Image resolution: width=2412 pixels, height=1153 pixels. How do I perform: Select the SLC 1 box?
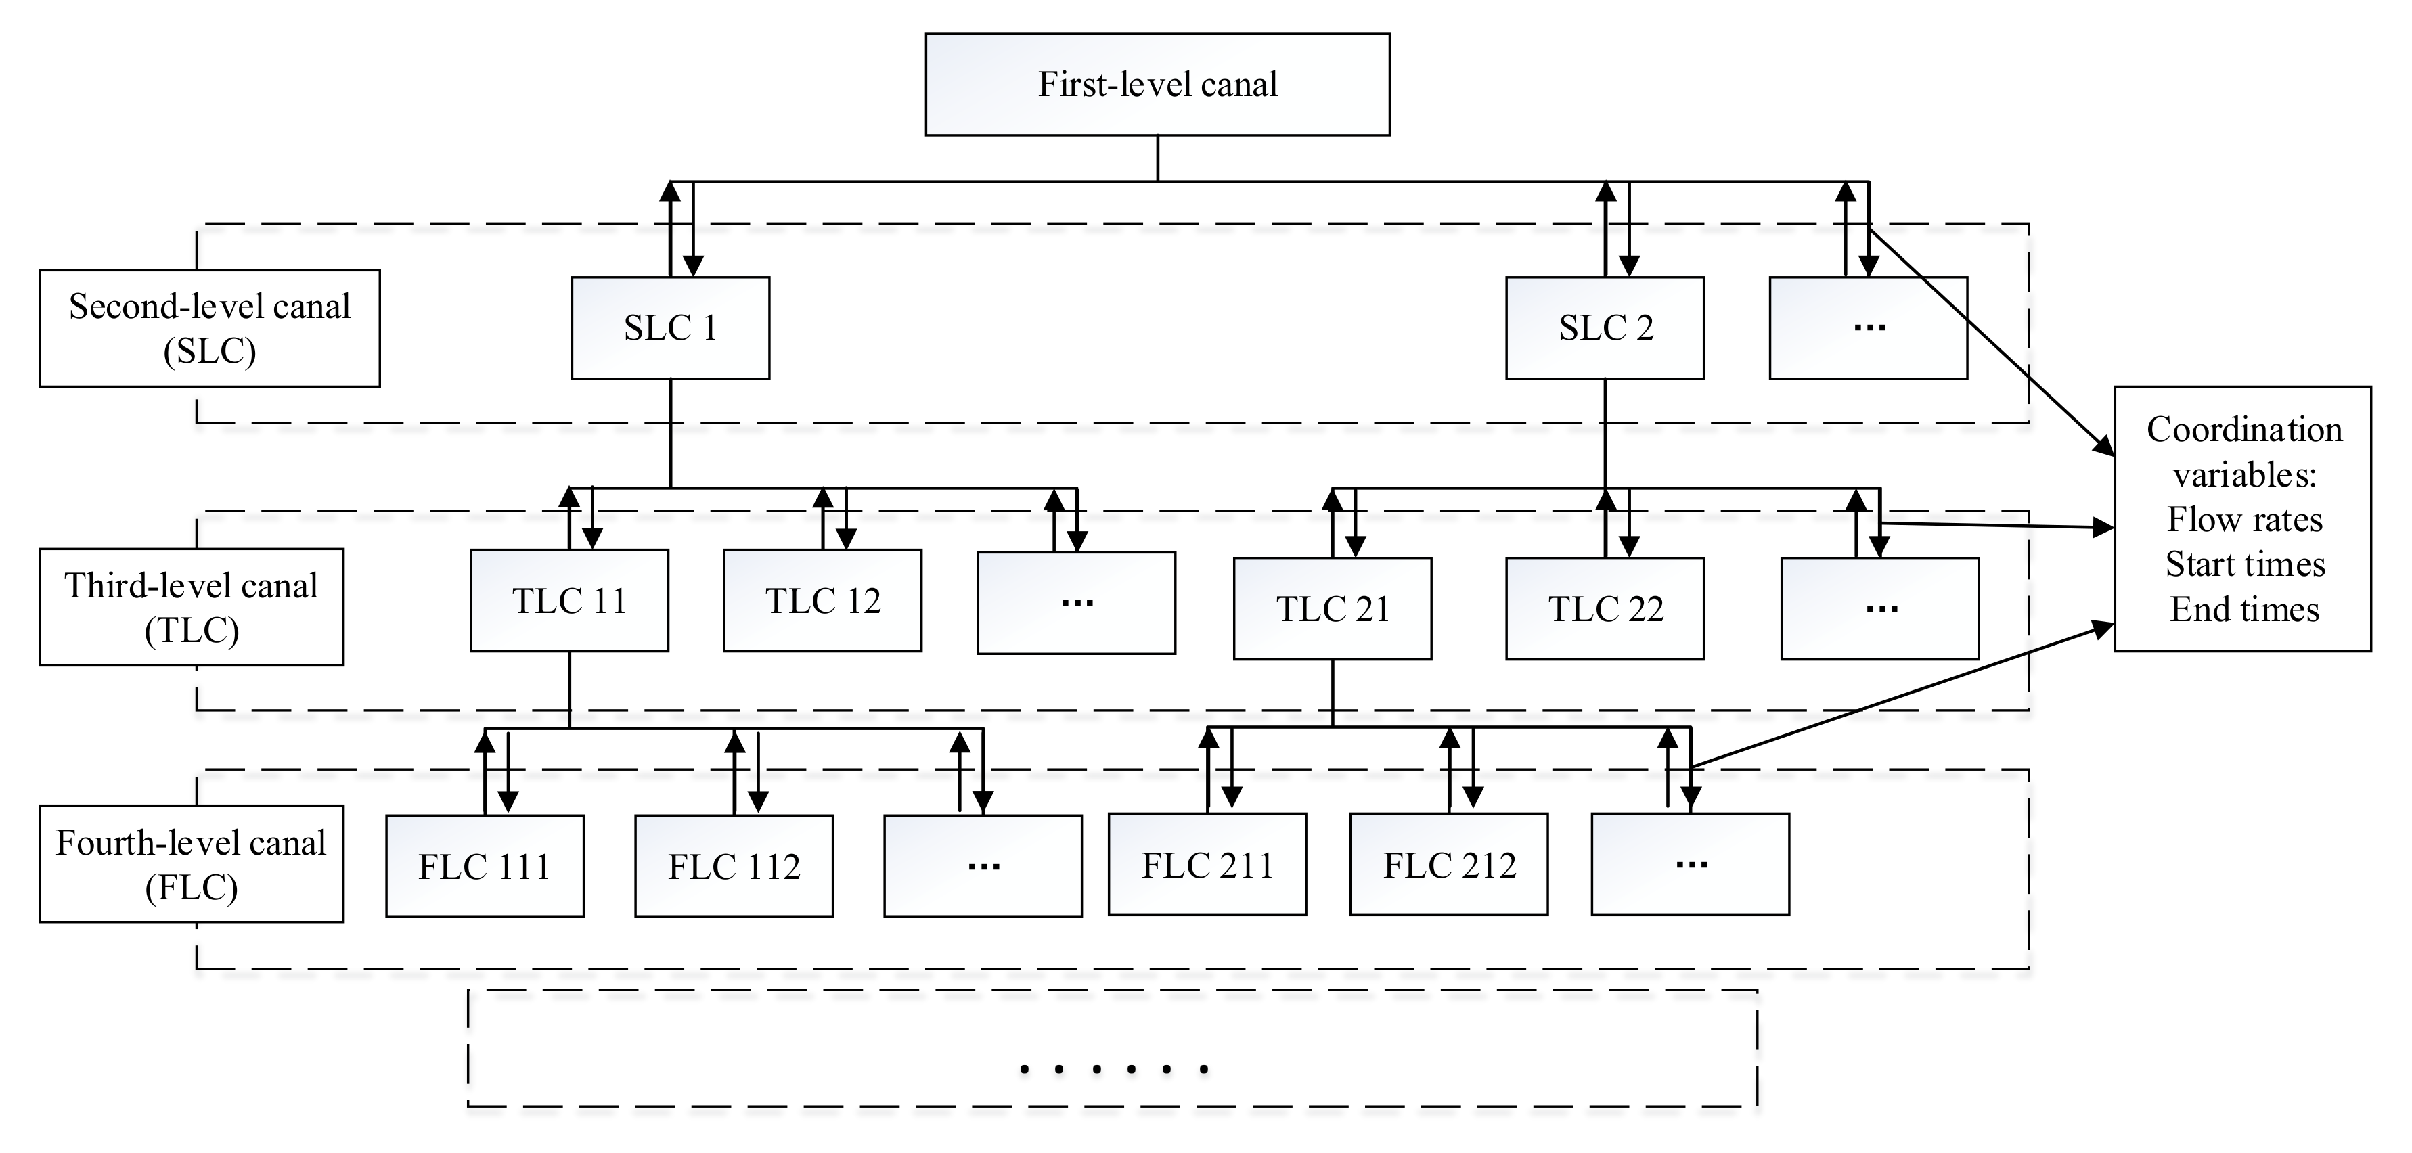(x=671, y=327)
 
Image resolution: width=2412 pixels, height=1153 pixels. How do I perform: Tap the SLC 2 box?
(x=1604, y=327)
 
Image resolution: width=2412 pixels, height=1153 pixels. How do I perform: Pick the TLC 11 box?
(x=569, y=601)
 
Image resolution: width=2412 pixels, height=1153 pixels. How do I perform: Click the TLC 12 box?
(x=822, y=601)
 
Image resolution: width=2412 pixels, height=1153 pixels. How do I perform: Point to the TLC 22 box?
(x=1604, y=609)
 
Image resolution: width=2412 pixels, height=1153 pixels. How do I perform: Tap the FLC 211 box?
(x=1207, y=865)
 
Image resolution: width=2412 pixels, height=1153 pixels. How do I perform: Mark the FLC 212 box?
(x=1448, y=865)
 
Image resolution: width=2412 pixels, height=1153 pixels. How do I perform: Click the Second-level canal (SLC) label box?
(x=210, y=328)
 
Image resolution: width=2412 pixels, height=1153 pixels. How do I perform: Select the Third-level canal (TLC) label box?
(x=191, y=608)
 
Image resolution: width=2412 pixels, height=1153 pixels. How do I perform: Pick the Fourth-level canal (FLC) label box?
(x=191, y=864)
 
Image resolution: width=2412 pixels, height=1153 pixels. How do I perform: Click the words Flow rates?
(x=2244, y=520)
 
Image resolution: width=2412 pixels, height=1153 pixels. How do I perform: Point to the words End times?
(x=2244, y=609)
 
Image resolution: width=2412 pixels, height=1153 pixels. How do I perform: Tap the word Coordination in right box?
(x=2244, y=430)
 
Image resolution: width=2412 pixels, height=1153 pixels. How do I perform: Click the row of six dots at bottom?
(x=1113, y=1068)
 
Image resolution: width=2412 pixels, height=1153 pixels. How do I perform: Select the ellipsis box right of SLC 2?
(x=1867, y=327)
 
